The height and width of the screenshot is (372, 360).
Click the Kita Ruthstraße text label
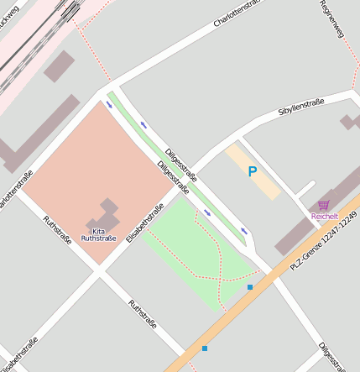[x=98, y=234]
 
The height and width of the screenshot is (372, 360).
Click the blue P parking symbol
[x=252, y=171]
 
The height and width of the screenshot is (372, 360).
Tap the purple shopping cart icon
[x=323, y=205]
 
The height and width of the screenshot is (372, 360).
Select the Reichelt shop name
[x=324, y=217]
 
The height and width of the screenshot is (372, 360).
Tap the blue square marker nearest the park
[x=249, y=287]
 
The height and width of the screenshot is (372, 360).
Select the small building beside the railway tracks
[x=59, y=65]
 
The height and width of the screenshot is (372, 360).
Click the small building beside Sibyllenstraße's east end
[x=350, y=122]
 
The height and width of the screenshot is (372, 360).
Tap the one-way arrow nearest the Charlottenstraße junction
[x=109, y=105]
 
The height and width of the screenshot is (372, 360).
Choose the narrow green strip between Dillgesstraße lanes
[x=180, y=167]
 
